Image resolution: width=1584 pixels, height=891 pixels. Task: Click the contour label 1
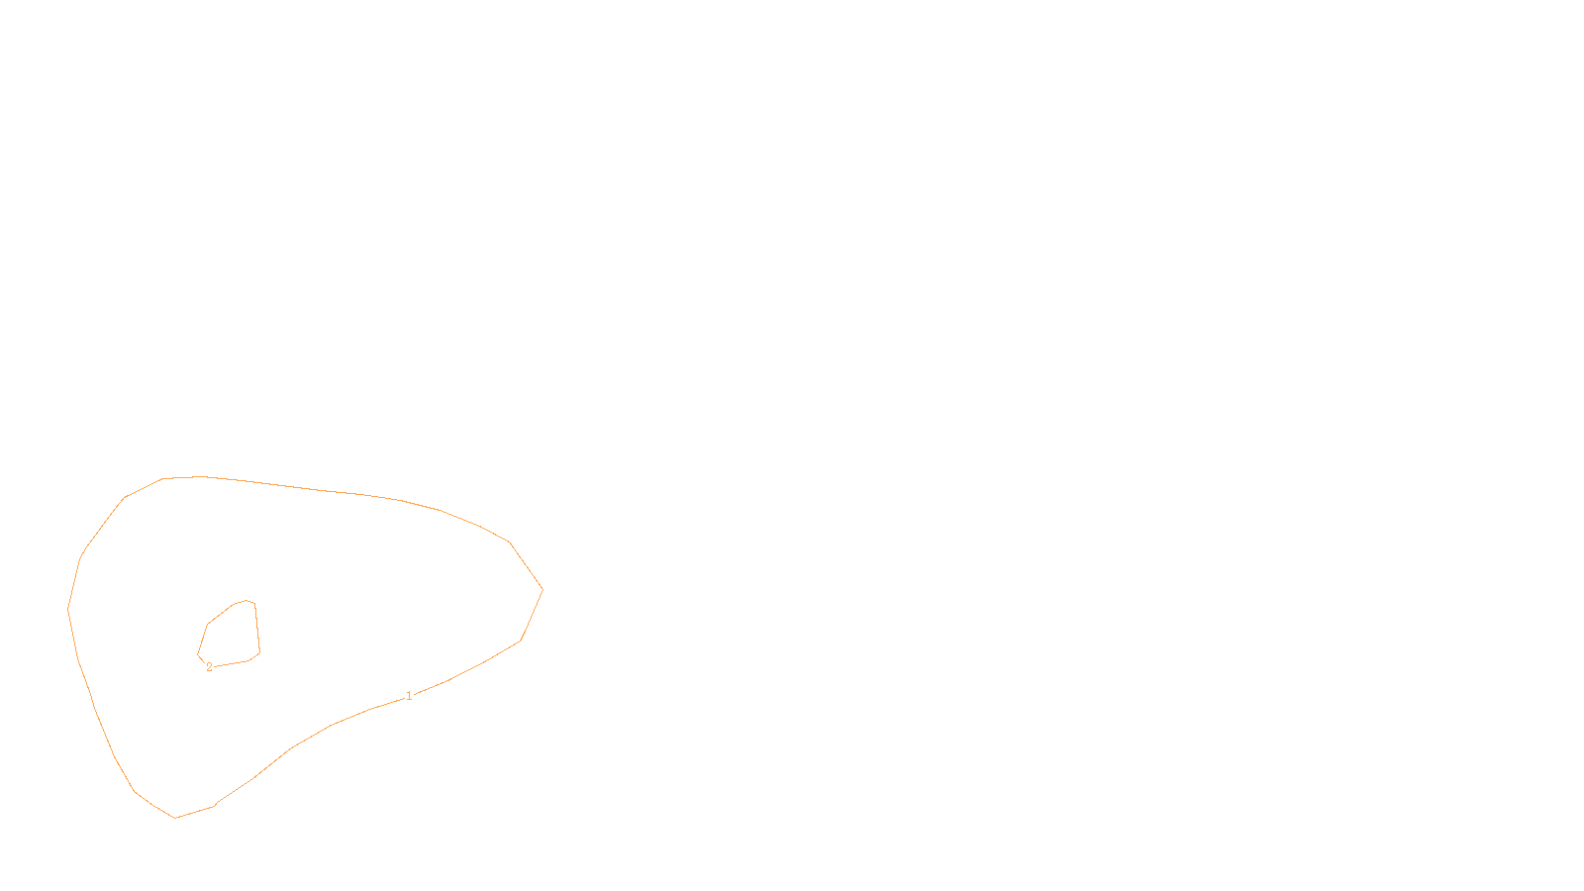click(x=409, y=696)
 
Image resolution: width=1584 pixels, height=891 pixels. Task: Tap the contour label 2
click(x=209, y=667)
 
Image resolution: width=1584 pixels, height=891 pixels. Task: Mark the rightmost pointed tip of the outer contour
click(x=543, y=590)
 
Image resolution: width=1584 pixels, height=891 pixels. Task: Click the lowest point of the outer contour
click(x=175, y=818)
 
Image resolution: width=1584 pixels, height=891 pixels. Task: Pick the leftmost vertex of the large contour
click(x=67, y=609)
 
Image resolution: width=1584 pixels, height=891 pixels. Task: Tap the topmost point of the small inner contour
click(x=247, y=600)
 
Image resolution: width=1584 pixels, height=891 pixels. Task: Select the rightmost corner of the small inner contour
click(x=259, y=651)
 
